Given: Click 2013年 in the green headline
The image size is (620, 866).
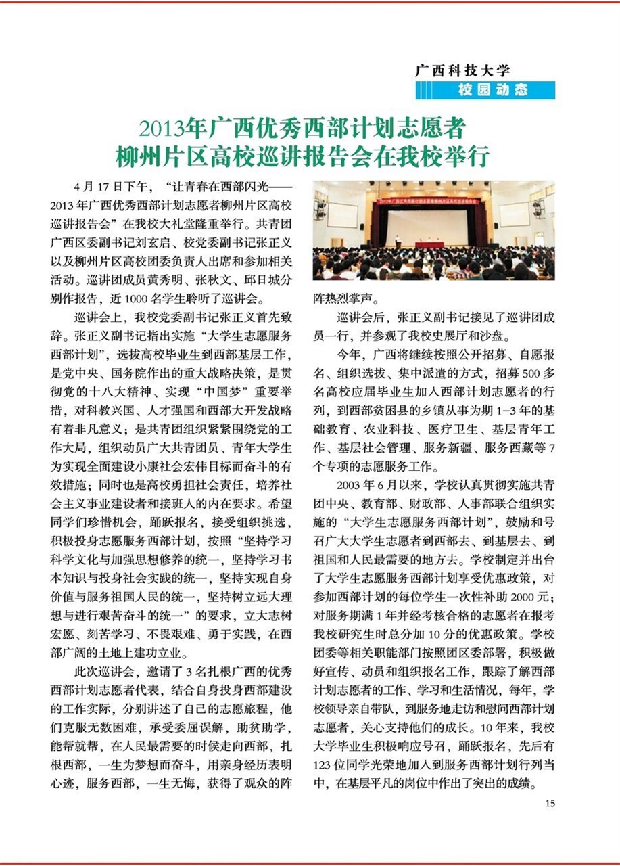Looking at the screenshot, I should (x=174, y=128).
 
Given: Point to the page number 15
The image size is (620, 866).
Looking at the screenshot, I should (x=549, y=803).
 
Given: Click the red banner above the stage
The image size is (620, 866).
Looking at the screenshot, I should (x=433, y=201).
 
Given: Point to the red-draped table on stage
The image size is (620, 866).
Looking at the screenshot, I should (x=434, y=244).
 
